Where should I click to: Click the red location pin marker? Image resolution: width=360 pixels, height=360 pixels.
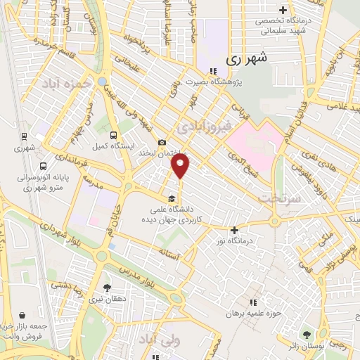(x=181, y=166)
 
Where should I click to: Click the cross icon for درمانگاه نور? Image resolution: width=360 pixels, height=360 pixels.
(x=235, y=230)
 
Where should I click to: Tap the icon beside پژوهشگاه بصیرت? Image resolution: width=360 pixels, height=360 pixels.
(x=212, y=70)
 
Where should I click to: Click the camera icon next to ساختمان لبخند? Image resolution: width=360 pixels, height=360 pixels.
(x=162, y=142)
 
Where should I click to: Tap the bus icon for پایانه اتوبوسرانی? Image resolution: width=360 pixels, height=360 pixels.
(x=44, y=167)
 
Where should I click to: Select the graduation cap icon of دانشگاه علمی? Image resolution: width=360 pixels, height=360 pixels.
(x=172, y=198)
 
